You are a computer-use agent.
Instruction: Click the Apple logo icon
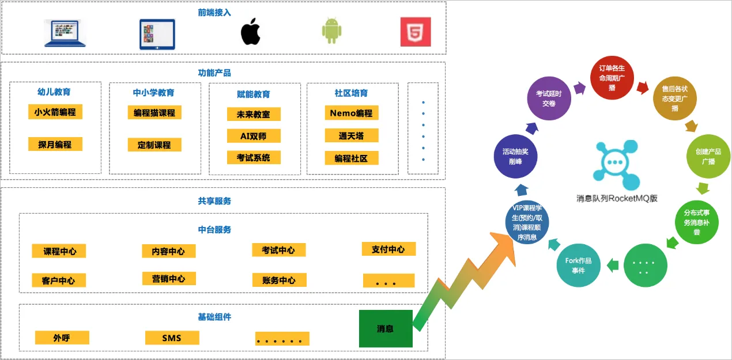(x=250, y=32)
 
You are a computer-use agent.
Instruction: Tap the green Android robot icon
(x=331, y=32)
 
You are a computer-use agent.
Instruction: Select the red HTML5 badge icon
(x=416, y=32)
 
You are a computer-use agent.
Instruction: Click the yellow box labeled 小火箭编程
(x=55, y=112)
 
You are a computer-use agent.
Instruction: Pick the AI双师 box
(x=254, y=136)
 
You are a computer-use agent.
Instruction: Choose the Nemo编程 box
(x=351, y=113)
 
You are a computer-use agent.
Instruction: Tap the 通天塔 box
(x=351, y=135)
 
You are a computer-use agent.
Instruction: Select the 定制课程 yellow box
(x=154, y=145)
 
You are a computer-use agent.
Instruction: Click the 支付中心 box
(x=388, y=249)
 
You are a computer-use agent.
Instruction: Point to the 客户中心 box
(x=59, y=281)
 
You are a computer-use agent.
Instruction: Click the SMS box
(x=172, y=338)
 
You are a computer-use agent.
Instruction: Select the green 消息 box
(x=386, y=329)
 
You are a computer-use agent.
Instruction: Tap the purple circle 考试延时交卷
(x=549, y=98)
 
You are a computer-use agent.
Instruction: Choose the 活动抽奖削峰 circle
(x=515, y=156)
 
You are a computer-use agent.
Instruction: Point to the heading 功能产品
(x=214, y=73)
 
